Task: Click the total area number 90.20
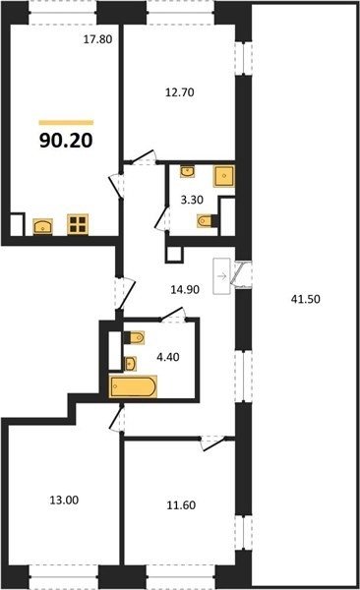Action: tap(66, 141)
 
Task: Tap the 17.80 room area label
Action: tap(98, 39)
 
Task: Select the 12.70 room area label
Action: tap(180, 92)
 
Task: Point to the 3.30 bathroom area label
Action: tap(192, 200)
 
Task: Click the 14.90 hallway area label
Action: tap(185, 290)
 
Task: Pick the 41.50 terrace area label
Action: tap(306, 299)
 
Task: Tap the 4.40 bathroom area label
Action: tap(168, 357)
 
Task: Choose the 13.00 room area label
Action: tap(64, 501)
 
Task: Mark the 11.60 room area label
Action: tap(181, 505)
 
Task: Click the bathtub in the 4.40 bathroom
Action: tap(133, 386)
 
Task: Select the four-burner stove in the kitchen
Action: tap(78, 224)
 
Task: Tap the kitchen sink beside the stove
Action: tap(43, 227)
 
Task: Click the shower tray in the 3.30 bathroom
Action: tap(224, 176)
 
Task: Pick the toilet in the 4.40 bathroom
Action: tap(134, 337)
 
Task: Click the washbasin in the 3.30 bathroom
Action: tap(188, 171)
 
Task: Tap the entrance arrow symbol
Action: tap(221, 276)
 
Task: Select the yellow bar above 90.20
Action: tap(66, 122)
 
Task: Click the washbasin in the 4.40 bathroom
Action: tap(130, 364)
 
